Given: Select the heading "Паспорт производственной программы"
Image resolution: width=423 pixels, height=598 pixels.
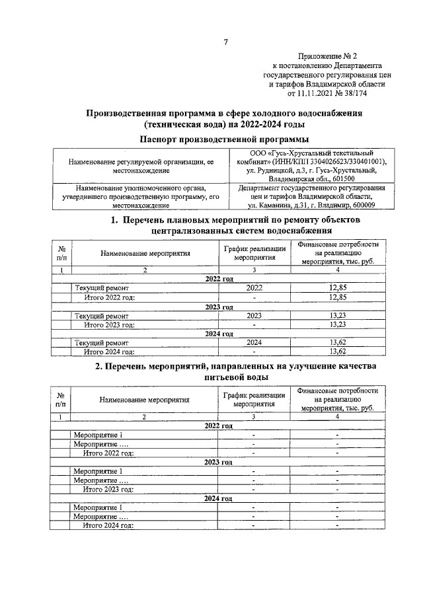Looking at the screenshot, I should coord(225,139).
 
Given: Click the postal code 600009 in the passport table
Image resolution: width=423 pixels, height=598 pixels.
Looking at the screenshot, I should coord(367,205).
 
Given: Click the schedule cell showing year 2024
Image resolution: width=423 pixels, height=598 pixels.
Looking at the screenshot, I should coord(254,343).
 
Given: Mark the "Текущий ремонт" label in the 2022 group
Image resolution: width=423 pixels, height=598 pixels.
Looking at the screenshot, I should coord(102,289).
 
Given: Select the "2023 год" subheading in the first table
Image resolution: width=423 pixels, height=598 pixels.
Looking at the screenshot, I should coord(219,307).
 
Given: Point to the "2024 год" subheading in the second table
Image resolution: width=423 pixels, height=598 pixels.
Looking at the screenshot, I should coord(219,498).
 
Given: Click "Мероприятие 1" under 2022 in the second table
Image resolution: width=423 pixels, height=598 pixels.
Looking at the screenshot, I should coord(98,435).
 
